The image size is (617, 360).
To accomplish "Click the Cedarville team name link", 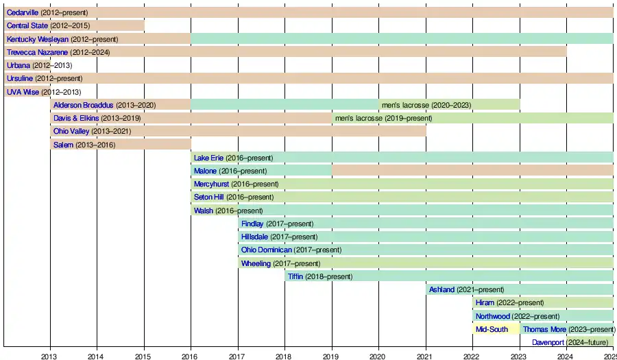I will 23,12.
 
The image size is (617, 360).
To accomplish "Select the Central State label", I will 27,25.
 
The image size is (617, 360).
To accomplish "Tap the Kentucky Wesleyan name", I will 38,39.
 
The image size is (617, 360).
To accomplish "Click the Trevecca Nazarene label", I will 38,52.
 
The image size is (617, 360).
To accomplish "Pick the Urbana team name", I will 19,65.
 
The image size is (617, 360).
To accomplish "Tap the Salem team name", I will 63,145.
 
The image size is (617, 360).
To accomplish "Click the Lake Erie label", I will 208,158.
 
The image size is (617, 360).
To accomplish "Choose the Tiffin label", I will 295,276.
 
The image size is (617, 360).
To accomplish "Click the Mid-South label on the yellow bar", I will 492,329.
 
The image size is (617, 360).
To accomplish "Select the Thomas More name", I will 544,329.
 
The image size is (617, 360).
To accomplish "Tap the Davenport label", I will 548,342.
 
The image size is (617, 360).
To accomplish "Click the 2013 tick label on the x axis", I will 49,355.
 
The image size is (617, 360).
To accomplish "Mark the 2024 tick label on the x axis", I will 565,355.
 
